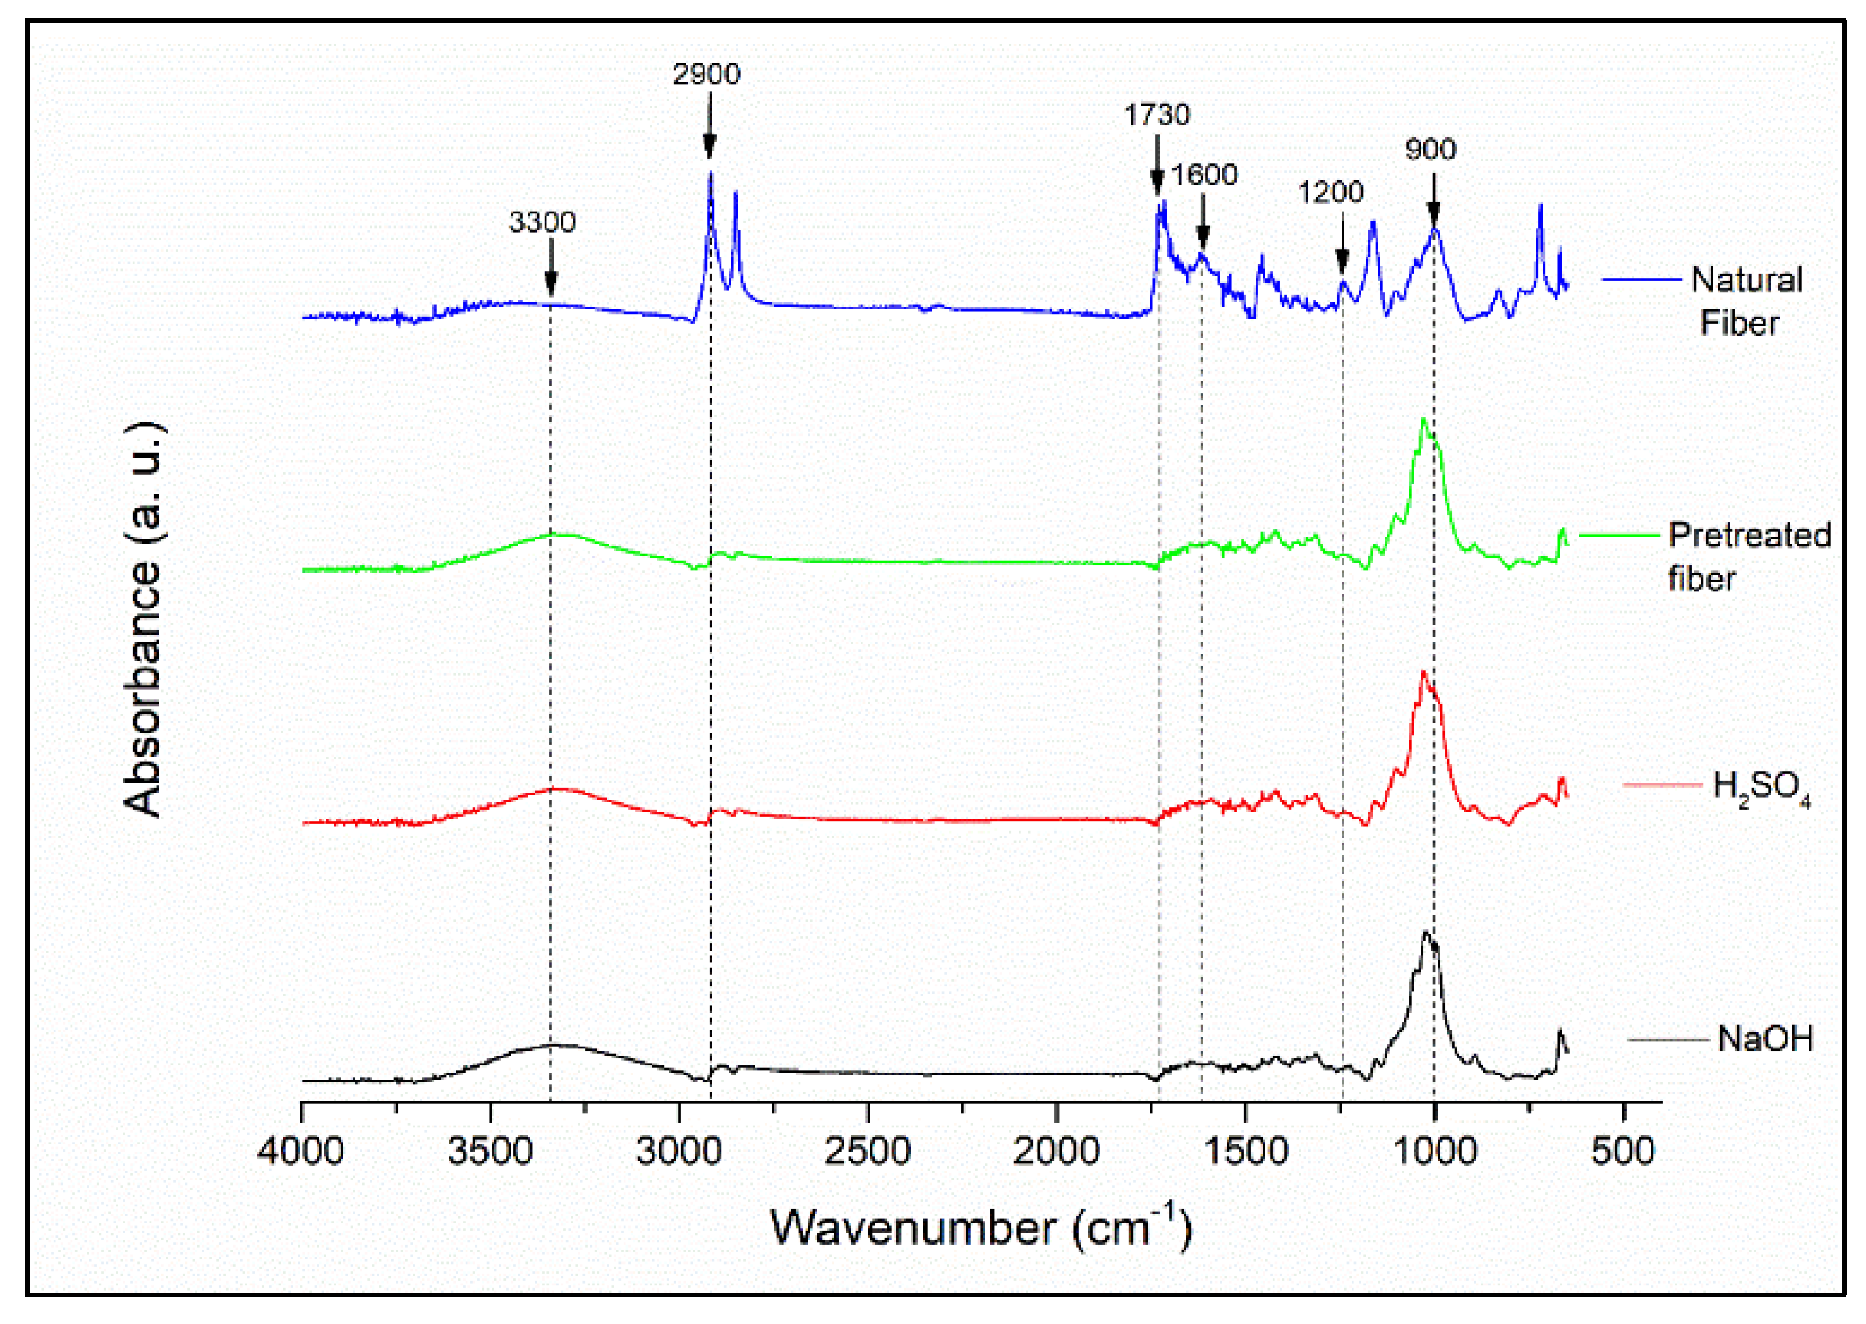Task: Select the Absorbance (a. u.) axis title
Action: pos(144,619)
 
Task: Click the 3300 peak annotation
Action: pos(542,222)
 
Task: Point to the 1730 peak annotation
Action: pos(1157,115)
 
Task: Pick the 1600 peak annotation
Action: pos(1204,174)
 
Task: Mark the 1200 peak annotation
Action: pos(1331,193)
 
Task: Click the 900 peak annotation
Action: pos(1430,150)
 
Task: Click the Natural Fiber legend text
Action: pos(1745,301)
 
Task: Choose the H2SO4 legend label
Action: pos(1760,787)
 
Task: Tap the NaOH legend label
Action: pos(1765,1039)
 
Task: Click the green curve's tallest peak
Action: pos(1423,420)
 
